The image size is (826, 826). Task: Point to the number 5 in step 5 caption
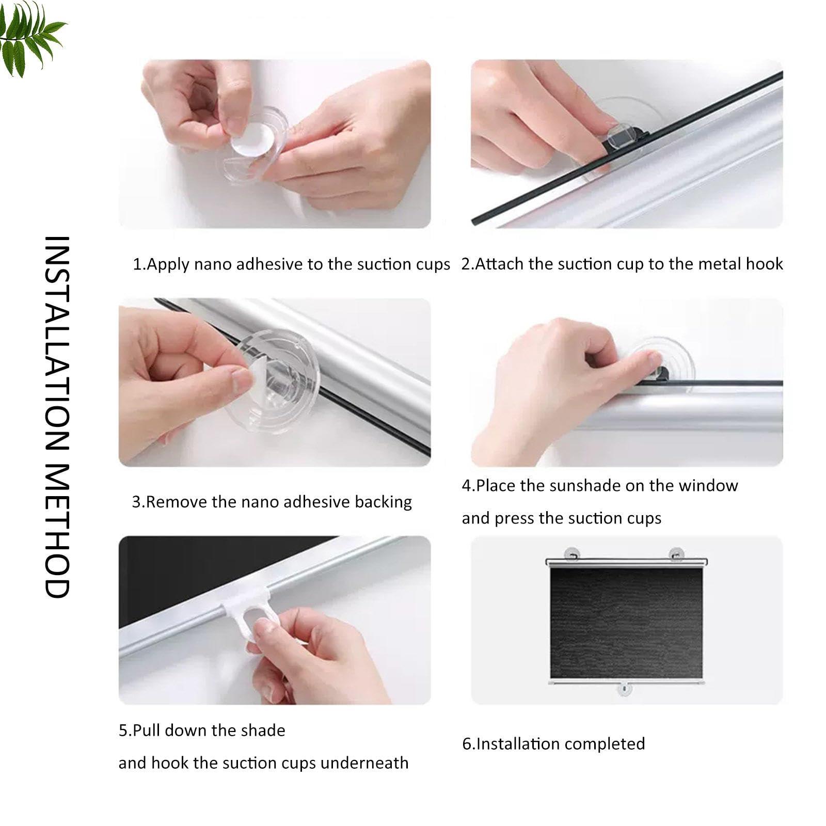tap(122, 730)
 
